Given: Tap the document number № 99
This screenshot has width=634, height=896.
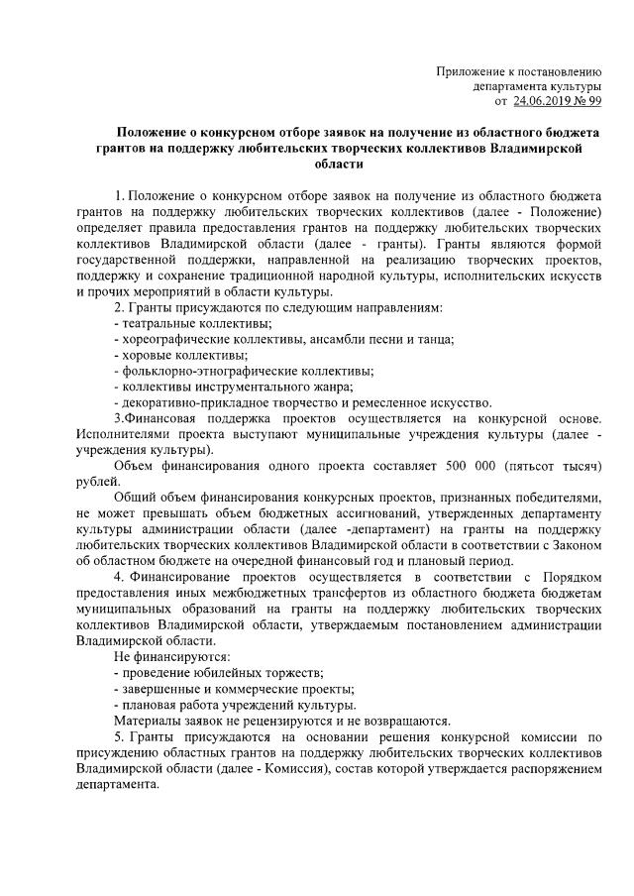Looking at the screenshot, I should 590,100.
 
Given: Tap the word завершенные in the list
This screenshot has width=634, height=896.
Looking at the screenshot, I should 158,689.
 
